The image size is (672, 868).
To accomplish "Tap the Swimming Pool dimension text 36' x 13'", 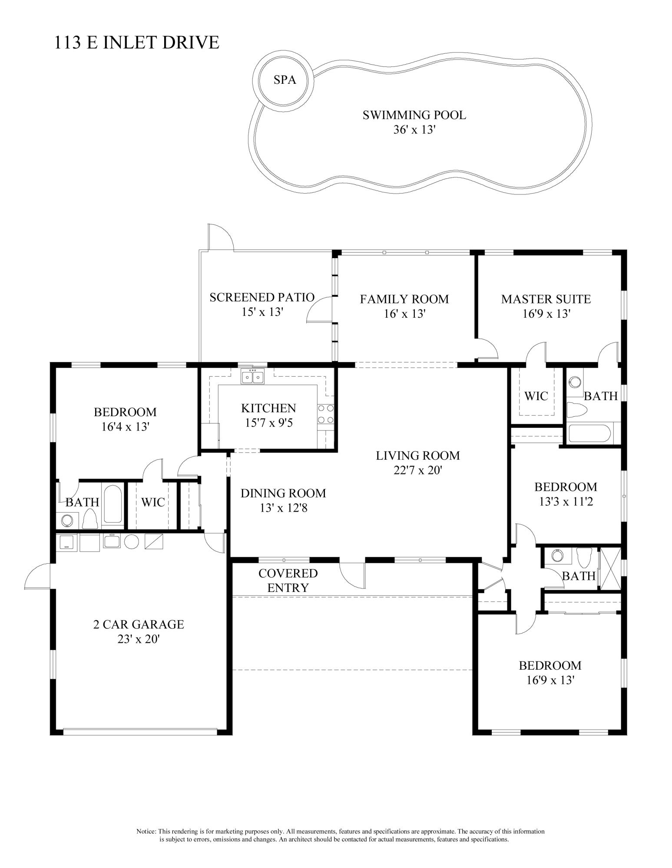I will pyautogui.click(x=414, y=130).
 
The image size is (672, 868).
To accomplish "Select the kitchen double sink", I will pyautogui.click(x=253, y=377).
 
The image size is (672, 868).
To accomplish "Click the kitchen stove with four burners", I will pyautogui.click(x=325, y=414).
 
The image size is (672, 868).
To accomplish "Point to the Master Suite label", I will pyautogui.click(x=546, y=299).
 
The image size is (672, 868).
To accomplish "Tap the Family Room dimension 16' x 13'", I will pyautogui.click(x=404, y=314).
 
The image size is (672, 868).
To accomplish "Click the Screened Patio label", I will pyautogui.click(x=262, y=297).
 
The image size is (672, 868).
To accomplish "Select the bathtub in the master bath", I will pyautogui.click(x=589, y=434).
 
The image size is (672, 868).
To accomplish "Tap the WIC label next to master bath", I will pyautogui.click(x=536, y=396).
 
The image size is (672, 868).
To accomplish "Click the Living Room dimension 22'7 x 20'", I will pyautogui.click(x=417, y=470).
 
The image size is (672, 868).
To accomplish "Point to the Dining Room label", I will pyautogui.click(x=283, y=493).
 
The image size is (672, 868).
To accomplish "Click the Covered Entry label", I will pyautogui.click(x=288, y=580).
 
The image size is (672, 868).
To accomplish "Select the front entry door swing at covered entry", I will pyautogui.click(x=353, y=575).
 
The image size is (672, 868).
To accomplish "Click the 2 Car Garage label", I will pyautogui.click(x=139, y=624).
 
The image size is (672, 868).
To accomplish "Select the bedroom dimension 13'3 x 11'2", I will pyautogui.click(x=566, y=502).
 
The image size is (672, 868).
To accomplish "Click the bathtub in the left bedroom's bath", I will pyautogui.click(x=113, y=503).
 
